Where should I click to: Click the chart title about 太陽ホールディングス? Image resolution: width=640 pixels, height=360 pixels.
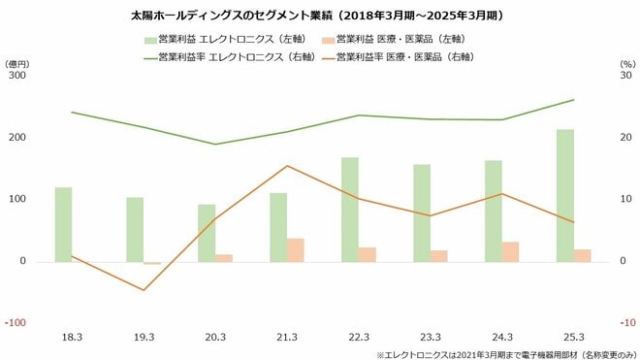coord(319,16)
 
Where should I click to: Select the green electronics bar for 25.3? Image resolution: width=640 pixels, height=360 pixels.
coord(565,195)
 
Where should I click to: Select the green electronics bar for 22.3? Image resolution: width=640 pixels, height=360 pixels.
coord(350,209)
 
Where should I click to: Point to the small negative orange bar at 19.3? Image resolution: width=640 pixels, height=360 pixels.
coord(152,263)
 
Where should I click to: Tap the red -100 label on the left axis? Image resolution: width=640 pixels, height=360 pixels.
coord(17,323)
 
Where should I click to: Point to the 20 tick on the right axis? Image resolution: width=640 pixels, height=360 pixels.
coord(625,137)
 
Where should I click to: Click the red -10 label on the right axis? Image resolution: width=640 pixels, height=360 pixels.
coord(625,323)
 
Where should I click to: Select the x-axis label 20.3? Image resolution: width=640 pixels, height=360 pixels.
coord(215,336)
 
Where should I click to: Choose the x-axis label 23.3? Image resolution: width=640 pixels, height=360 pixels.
coord(431,336)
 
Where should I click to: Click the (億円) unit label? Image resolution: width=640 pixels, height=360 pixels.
coord(18,62)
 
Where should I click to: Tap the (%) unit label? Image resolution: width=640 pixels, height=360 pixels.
coord(625,62)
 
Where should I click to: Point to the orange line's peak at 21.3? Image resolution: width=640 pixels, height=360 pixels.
coord(288,166)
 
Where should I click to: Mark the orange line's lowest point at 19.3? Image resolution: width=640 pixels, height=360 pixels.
coord(144,290)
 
